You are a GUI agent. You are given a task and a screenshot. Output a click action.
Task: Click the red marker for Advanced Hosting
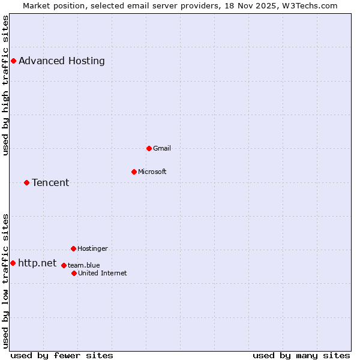pos(13,61)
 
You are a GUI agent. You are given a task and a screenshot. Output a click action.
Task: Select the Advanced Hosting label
pos(62,61)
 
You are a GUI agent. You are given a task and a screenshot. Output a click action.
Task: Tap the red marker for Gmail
pos(149,148)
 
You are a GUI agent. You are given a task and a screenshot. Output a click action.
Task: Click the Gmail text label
pos(162,148)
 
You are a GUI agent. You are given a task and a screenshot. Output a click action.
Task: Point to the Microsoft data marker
pos(134,172)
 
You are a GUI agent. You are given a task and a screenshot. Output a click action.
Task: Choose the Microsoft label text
pos(152,172)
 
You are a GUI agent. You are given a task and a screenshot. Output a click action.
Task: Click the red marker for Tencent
pos(26,182)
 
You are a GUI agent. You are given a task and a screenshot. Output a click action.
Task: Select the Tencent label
pos(50,182)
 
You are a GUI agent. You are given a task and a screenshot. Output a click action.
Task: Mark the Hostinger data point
pos(73,248)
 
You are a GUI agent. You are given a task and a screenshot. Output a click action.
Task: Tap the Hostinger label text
pos(92,248)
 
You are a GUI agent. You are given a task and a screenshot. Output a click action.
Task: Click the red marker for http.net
pos(13,263)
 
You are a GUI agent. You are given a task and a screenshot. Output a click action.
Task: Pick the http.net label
pos(37,263)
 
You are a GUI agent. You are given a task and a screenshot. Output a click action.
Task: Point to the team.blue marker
pos(64,265)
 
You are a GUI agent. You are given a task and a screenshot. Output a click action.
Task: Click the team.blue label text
pos(83,265)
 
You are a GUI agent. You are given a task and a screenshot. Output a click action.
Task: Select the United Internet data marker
pos(74,273)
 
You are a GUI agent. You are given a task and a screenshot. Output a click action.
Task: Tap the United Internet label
pos(102,273)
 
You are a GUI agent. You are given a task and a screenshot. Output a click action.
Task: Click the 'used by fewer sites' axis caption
pos(62,355)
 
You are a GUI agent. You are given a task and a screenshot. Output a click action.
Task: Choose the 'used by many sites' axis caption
pos(301,355)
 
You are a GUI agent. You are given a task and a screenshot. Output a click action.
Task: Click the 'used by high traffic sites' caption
pos(5,85)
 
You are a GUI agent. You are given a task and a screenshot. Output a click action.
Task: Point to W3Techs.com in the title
pos(310,5)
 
